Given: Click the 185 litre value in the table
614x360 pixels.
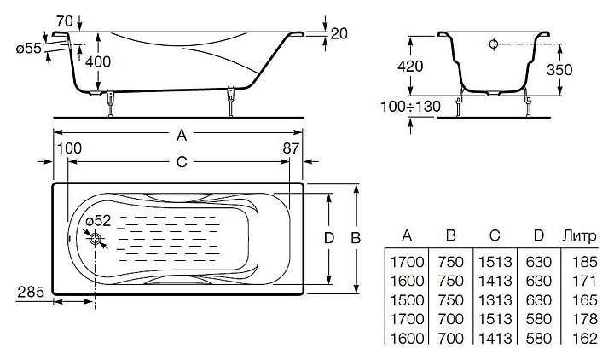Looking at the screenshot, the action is click(585, 262).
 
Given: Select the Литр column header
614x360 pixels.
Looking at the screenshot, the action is click(580, 235).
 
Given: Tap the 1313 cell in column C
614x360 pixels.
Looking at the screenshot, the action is click(495, 300).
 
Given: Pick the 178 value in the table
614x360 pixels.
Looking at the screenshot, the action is click(585, 319).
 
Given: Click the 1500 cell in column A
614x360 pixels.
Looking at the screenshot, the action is click(408, 300).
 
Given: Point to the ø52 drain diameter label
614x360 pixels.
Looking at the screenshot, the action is click(98, 221).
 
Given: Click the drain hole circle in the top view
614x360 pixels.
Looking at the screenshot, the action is click(96, 239).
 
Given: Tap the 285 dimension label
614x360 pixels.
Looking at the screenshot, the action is click(31, 292).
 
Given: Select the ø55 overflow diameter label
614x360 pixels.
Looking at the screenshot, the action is click(29, 49).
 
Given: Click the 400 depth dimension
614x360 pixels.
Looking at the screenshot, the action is click(98, 61).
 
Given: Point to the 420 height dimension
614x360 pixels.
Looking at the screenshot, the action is click(410, 67).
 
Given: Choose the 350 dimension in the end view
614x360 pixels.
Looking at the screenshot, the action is click(559, 70).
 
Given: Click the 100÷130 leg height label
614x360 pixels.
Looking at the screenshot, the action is click(411, 106).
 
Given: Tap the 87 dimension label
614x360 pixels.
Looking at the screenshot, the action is click(291, 148).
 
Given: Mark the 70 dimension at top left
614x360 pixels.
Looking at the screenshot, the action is click(65, 21).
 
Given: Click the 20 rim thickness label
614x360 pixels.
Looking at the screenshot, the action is click(339, 33).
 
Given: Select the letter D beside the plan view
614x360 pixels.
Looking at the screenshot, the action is click(329, 238).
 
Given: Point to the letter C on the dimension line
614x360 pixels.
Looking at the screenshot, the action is click(182, 162).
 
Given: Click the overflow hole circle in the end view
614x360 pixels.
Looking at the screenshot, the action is click(494, 44).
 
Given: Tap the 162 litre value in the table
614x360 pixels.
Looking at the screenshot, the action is click(585, 338).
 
